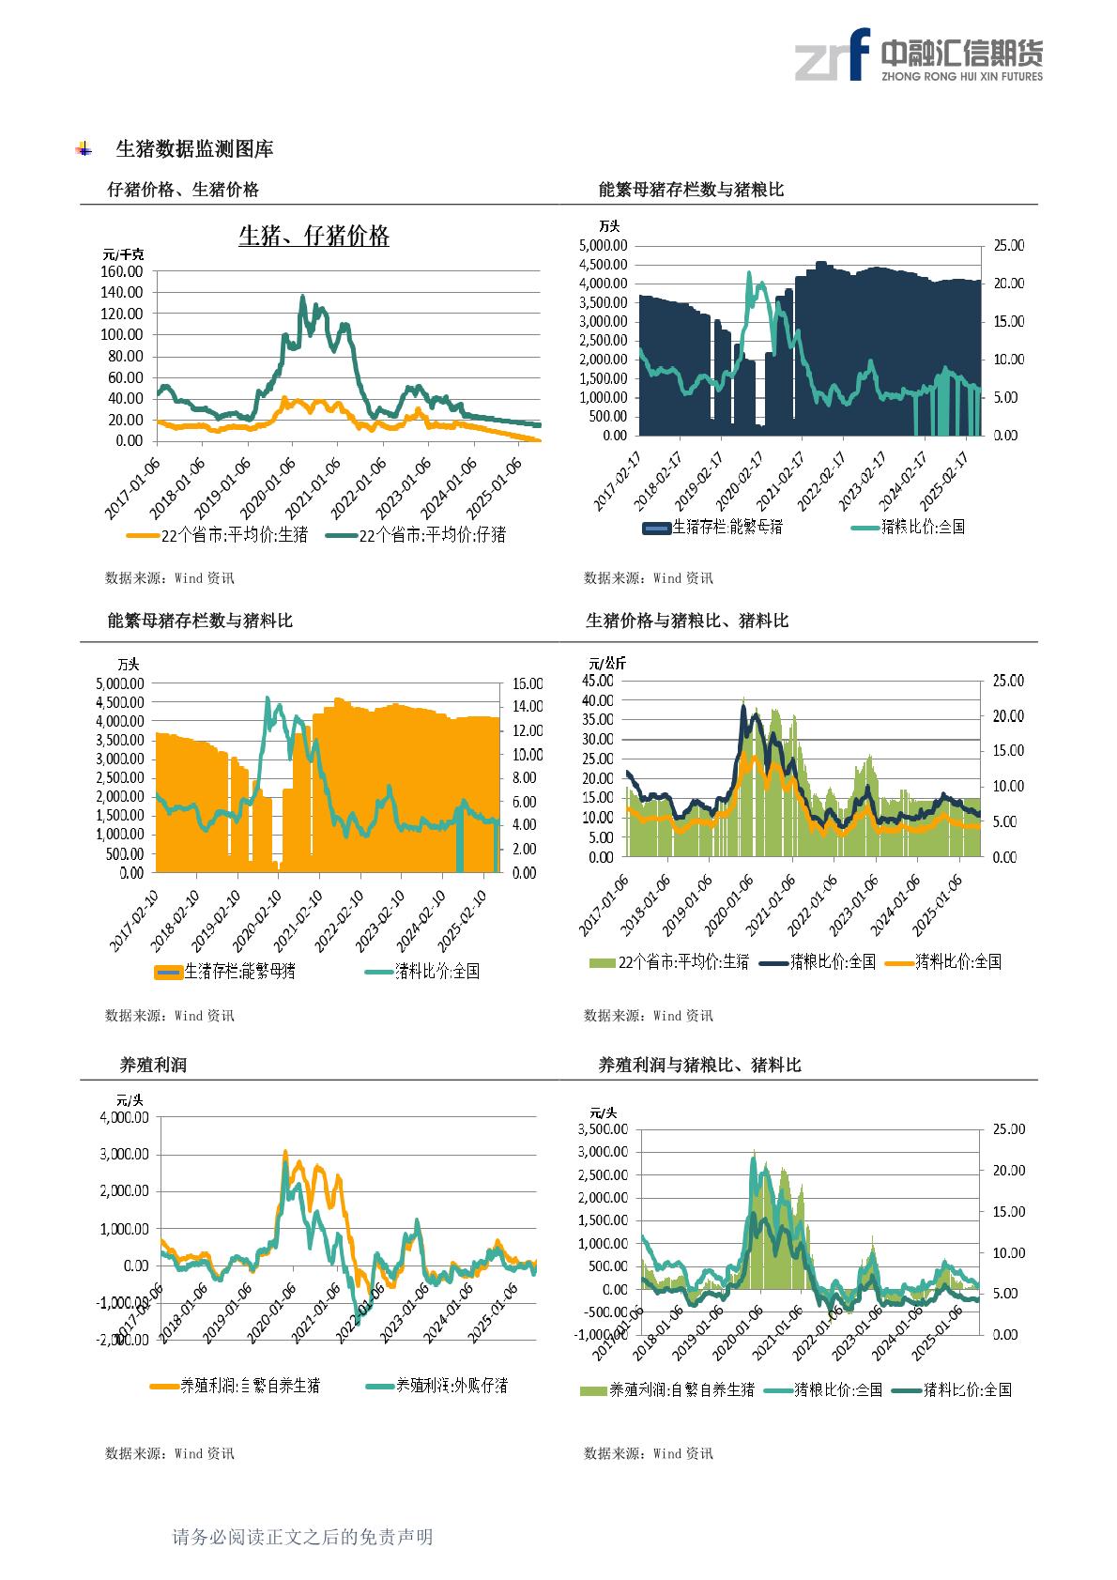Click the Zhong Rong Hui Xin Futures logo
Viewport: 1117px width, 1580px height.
coord(918,55)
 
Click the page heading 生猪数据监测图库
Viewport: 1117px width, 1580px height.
coord(194,148)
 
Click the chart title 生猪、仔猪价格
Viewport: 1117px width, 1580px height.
coord(314,236)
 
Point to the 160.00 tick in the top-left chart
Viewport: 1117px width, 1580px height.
coord(122,270)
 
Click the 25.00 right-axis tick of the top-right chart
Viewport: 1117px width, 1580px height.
coord(1008,245)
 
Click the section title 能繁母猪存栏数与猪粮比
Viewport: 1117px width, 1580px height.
coord(691,190)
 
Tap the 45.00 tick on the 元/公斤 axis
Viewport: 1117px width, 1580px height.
coord(597,681)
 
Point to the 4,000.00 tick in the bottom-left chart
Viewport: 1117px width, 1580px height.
coord(123,1117)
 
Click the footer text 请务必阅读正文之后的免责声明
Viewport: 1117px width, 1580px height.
coord(302,1537)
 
